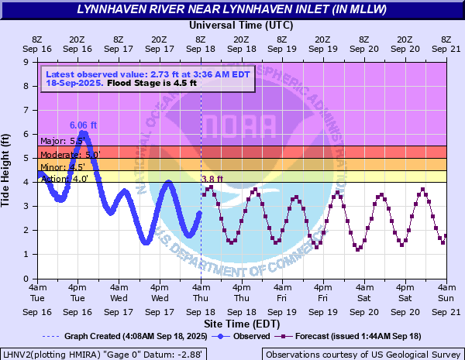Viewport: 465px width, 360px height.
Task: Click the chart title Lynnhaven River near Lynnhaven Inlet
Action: pos(232,9)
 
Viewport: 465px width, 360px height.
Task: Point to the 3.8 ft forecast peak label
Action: pos(212,180)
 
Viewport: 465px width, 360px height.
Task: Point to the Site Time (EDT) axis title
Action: pos(241,323)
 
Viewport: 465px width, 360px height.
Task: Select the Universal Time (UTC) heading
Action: pos(241,25)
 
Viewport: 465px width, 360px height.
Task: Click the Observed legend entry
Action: pos(246,336)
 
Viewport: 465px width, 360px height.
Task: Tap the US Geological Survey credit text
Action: pos(362,354)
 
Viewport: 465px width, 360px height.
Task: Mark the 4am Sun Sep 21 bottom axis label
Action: pos(446,298)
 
